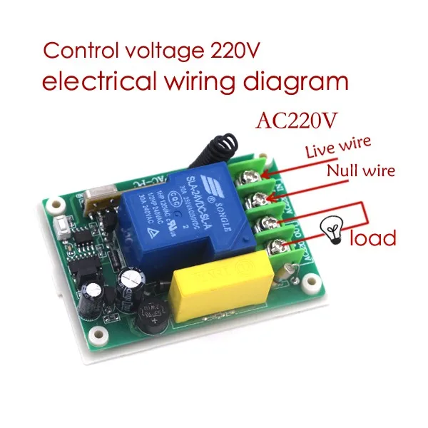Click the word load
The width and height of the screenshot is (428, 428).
point(372,237)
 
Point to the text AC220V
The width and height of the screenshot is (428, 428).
point(297,120)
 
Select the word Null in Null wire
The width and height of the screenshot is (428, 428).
point(343,172)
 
